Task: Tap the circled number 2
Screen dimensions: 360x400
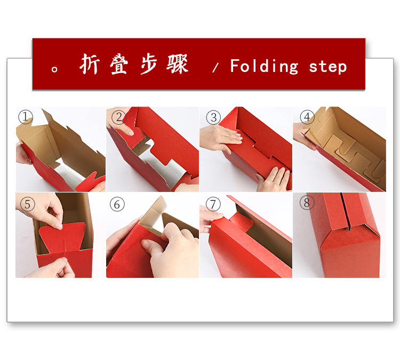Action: pyautogui.click(x=119, y=116)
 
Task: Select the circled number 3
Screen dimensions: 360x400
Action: pyautogui.click(x=213, y=117)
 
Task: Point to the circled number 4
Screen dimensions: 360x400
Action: pyautogui.click(x=307, y=116)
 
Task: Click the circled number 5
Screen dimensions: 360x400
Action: pyautogui.click(x=26, y=204)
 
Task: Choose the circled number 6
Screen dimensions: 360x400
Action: pyautogui.click(x=118, y=204)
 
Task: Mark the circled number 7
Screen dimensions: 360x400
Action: pyautogui.click(x=213, y=204)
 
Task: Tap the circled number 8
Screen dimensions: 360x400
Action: pyautogui.click(x=306, y=203)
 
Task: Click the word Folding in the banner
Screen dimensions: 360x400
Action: pyautogui.click(x=264, y=67)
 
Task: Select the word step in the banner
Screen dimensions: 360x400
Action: pyautogui.click(x=327, y=67)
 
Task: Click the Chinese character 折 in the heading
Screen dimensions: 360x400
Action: pyautogui.click(x=90, y=65)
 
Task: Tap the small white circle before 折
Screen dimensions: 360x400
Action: pyautogui.click(x=55, y=69)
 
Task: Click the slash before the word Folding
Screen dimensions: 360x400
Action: pyautogui.click(x=215, y=68)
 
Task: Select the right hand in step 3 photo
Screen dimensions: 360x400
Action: pyautogui.click(x=272, y=179)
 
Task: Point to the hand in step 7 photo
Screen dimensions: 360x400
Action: pyautogui.click(x=209, y=219)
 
